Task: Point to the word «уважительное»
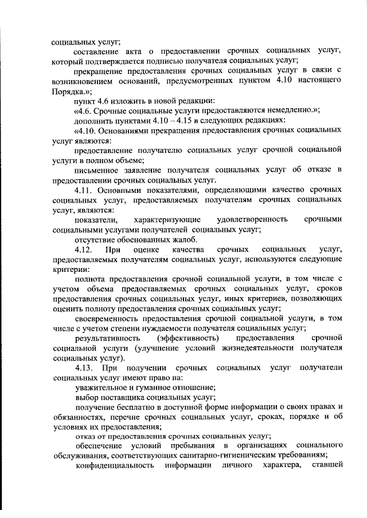(x=99, y=388)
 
